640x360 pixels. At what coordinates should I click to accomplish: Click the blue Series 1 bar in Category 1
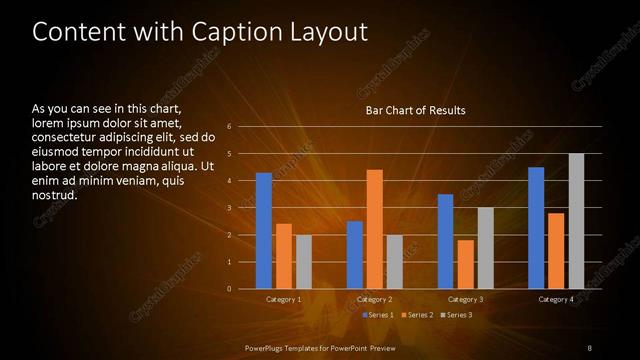click(263, 231)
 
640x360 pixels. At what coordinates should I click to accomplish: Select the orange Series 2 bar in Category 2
click(375, 229)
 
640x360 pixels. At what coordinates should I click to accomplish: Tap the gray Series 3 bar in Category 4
click(576, 221)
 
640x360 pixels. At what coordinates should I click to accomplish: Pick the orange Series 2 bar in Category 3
click(465, 264)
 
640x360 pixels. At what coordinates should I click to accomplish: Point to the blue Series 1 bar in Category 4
click(536, 228)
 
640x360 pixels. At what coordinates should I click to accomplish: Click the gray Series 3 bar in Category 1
click(303, 262)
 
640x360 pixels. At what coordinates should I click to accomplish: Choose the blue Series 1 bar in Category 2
click(355, 255)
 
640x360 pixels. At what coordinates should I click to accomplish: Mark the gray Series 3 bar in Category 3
click(485, 248)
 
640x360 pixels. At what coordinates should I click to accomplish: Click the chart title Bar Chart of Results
click(415, 110)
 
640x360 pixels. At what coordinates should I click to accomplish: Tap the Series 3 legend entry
click(458, 315)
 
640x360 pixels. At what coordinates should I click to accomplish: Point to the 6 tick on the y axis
click(230, 127)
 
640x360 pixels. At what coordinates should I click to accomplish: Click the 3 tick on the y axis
click(230, 208)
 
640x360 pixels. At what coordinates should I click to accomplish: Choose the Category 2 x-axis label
click(375, 299)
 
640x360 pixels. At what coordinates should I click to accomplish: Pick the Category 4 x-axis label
click(556, 299)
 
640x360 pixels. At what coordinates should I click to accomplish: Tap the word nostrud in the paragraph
click(55, 194)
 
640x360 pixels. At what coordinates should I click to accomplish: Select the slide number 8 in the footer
click(590, 347)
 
